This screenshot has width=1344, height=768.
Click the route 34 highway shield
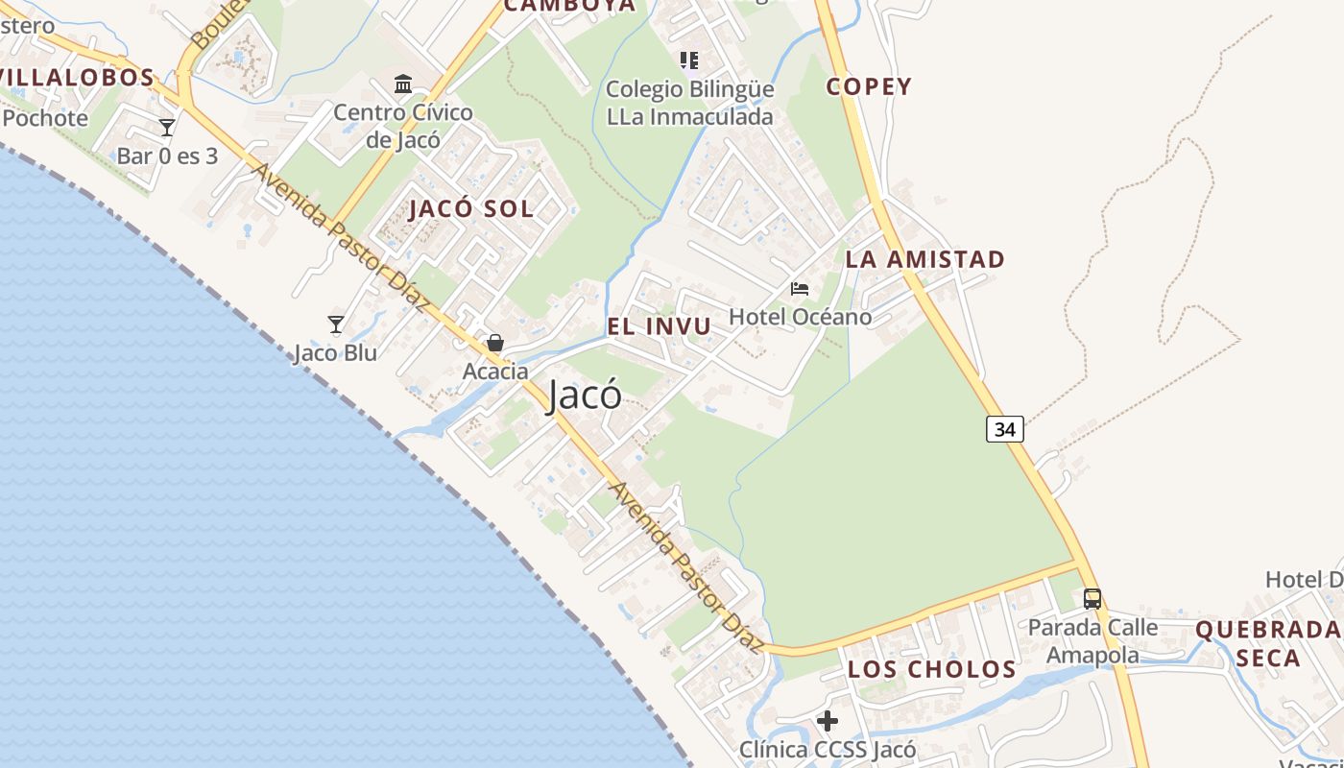pos(1004,429)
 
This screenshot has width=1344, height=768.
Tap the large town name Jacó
pos(584,396)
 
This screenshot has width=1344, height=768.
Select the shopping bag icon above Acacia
pos(495,343)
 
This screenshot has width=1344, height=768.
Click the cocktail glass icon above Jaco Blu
pos(335,324)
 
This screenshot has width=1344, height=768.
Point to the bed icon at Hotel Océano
pos(799,288)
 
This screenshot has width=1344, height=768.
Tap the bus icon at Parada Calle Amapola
pos(1092,598)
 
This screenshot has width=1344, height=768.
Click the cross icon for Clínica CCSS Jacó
pos(827,720)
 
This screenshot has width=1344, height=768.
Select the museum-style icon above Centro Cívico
pos(403,84)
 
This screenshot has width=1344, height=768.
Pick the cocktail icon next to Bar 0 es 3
pos(167,128)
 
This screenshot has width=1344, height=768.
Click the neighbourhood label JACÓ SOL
pos(470,209)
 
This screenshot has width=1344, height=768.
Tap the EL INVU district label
pos(660,326)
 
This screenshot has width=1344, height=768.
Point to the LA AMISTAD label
pos(924,259)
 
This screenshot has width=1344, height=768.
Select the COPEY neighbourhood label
pos(869,86)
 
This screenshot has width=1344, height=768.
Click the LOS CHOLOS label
pos(931,669)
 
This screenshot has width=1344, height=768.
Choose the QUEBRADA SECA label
pos(1267,644)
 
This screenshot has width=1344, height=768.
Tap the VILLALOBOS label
pos(77,78)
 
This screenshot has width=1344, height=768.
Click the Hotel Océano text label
pos(800,317)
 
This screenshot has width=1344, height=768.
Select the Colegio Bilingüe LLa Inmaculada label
pos(689,103)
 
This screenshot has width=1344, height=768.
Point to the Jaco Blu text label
pos(335,352)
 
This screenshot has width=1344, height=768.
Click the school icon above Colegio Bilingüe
pos(688,60)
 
